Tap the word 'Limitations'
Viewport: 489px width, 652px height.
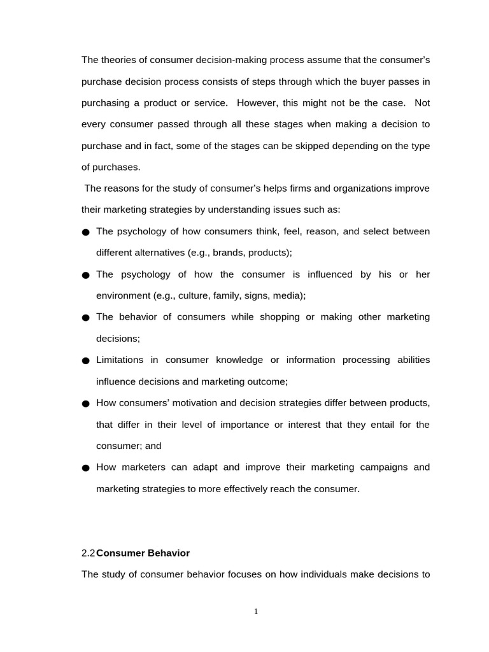pos(120,360)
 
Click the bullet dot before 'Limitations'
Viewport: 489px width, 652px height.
pos(86,361)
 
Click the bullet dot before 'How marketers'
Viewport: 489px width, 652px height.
pos(86,468)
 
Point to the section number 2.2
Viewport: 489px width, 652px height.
pos(88,553)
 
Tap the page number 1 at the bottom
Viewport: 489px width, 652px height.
pos(256,612)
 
